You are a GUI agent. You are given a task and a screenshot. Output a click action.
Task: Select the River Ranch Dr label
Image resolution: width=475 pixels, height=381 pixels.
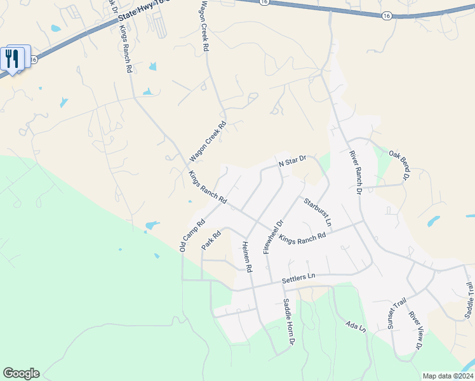tap(355, 171)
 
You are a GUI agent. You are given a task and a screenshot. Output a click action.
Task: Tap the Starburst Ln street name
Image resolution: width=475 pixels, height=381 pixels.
tap(317, 212)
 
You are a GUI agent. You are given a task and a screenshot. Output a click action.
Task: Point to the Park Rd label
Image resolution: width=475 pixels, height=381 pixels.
tap(211, 240)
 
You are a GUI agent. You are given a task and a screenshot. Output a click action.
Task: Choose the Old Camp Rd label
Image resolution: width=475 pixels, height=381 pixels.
tap(192, 236)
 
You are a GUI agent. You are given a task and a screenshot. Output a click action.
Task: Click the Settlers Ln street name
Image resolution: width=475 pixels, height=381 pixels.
tap(298, 277)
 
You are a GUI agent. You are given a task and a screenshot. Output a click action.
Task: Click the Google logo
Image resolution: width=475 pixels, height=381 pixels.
tap(21, 373)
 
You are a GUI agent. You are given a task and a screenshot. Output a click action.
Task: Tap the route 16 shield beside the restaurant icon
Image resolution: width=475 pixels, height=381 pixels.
tap(34, 59)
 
